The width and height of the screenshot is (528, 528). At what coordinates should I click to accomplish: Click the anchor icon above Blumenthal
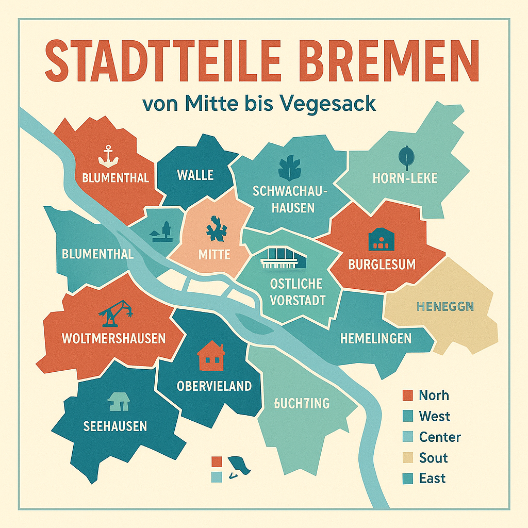click(108, 156)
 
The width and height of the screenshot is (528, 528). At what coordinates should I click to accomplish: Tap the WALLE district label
click(195, 175)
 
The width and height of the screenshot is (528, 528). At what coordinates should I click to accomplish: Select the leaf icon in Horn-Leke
click(405, 156)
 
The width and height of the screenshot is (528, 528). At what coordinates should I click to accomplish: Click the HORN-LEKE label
click(405, 178)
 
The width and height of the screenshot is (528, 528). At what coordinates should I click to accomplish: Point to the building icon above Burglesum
click(381, 239)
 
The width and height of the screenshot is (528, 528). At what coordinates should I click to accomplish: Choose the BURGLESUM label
click(382, 265)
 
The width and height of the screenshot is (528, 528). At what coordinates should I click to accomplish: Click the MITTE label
click(214, 254)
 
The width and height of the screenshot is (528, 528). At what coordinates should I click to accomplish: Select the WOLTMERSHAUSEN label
click(113, 338)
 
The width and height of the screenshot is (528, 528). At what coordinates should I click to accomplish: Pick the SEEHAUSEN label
click(115, 426)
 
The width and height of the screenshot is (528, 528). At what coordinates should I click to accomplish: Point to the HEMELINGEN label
click(376, 338)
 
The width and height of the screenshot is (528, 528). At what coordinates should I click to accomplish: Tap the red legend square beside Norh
click(407, 395)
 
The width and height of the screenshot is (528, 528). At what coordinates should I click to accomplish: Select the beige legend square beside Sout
click(407, 458)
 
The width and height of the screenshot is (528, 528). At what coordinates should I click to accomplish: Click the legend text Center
click(440, 437)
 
